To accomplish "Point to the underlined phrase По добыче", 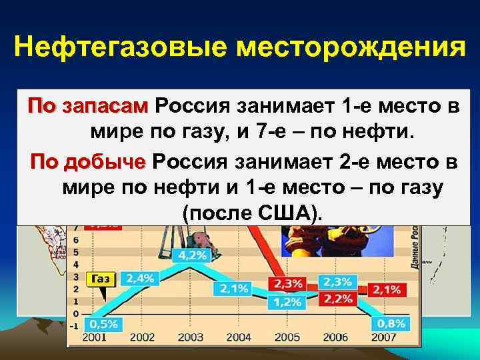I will pyautogui.click(x=88, y=162).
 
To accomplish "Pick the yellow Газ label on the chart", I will pyautogui.click(x=101, y=279).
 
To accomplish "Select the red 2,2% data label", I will pyautogui.click(x=337, y=298).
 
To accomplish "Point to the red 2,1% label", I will pyautogui.click(x=387, y=289).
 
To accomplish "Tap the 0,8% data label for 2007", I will pyautogui.click(x=389, y=324).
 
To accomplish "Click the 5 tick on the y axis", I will pyautogui.click(x=77, y=252).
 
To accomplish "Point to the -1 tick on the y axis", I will pyautogui.click(x=76, y=325).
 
